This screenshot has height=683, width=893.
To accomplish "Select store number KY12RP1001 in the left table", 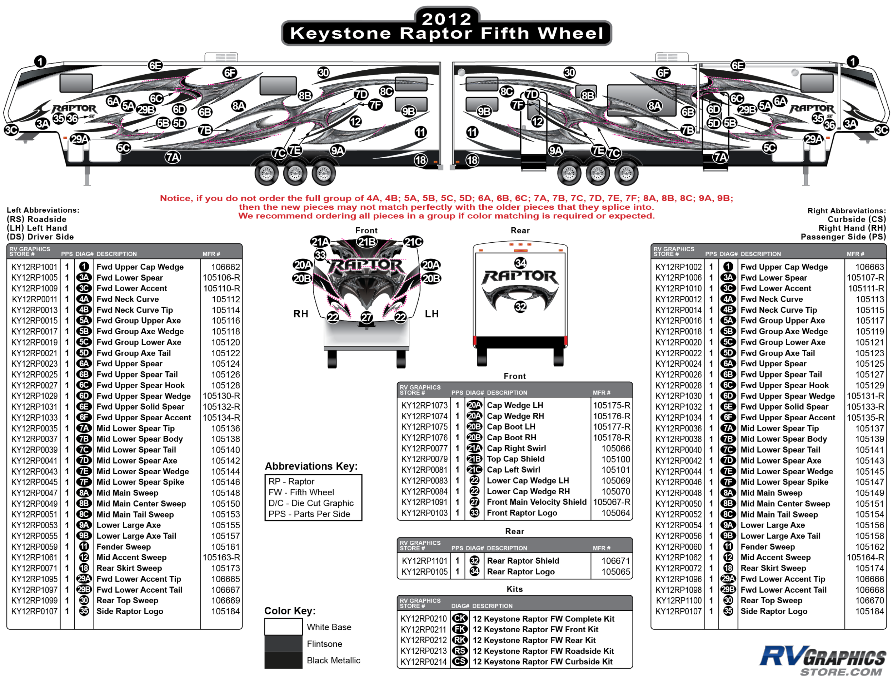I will [34, 267].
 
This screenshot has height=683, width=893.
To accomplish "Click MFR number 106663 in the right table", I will [869, 267].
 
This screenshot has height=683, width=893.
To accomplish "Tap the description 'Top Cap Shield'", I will [515, 459].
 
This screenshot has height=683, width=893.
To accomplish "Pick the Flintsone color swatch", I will [283, 644].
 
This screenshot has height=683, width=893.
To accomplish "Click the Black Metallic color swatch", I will [283, 660].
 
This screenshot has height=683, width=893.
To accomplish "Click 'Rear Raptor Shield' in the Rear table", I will [523, 561].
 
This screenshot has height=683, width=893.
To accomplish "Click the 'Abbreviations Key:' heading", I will [311, 466].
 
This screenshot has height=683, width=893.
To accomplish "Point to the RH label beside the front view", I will [301, 314].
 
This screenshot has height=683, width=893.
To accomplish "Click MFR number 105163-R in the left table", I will [221, 558].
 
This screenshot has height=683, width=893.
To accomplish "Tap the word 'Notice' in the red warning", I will [175, 198].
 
